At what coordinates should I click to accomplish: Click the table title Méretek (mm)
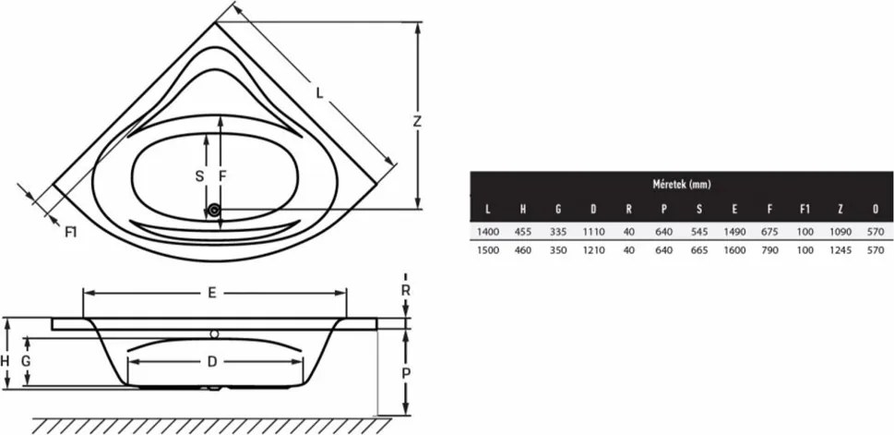681,185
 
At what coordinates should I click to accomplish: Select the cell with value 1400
487,232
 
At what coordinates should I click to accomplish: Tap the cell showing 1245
840,250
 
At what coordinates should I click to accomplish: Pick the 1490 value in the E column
734,232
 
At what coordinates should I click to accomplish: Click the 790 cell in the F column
769,250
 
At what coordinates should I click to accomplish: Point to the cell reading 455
523,232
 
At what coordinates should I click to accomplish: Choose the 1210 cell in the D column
593,250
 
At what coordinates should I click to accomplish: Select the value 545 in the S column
699,232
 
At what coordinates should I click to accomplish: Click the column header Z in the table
840,210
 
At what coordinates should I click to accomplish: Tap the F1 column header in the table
805,210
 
